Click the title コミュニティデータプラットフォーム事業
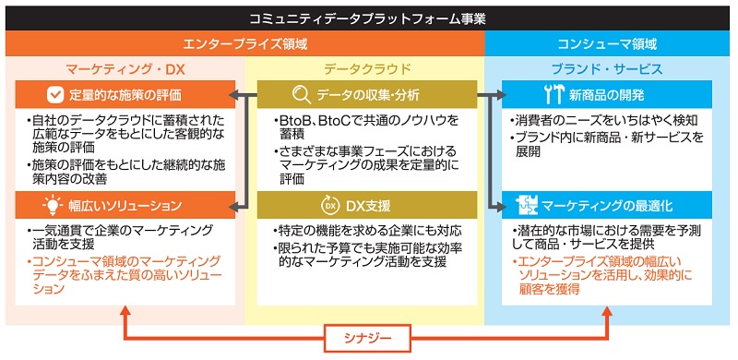pos(368,17)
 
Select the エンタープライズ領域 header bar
pos(244,43)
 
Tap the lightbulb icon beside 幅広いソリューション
pos(53,205)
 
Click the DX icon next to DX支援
pos(329,205)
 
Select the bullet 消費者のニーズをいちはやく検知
pos(605,121)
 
